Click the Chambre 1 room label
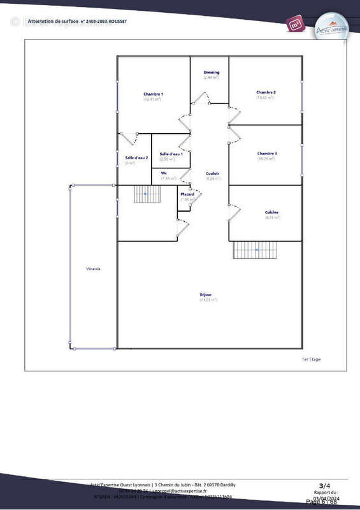click(x=153, y=94)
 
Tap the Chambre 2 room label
click(x=266, y=92)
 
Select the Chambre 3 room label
click(x=266, y=154)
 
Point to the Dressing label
click(x=212, y=73)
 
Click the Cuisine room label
click(x=272, y=212)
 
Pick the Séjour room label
click(x=205, y=295)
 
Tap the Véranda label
click(x=94, y=269)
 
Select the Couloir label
click(x=213, y=173)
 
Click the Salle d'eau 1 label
click(x=171, y=154)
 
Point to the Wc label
click(x=164, y=173)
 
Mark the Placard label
click(x=187, y=194)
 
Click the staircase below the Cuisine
click(x=256, y=250)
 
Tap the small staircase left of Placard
click(x=146, y=194)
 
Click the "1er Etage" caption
click(x=311, y=360)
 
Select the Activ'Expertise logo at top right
click(x=332, y=28)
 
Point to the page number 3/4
click(x=324, y=485)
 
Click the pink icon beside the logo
click(x=295, y=24)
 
